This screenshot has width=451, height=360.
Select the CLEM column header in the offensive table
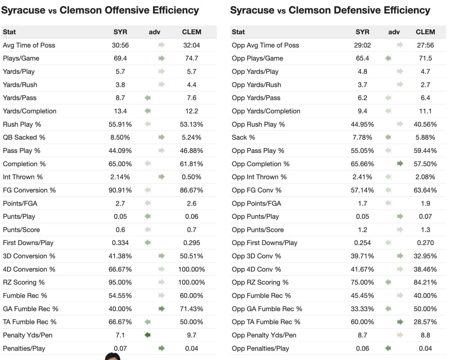tap(191, 32)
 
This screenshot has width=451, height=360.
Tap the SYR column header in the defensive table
tap(362, 32)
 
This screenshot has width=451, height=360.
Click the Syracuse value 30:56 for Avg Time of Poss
tap(120, 45)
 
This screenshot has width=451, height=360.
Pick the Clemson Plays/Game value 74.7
tap(191, 58)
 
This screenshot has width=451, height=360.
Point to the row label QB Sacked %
tap(24, 138)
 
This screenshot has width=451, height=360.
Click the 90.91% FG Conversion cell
tap(120, 190)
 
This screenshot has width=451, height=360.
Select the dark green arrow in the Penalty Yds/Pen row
tap(148, 335)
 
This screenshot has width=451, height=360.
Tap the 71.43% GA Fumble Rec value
tap(191, 309)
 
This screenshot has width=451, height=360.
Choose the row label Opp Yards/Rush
tap(256, 85)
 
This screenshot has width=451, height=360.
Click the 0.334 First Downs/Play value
tap(120, 243)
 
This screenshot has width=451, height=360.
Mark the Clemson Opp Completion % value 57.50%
tap(425, 164)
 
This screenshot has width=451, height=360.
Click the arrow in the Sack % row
tap(388, 138)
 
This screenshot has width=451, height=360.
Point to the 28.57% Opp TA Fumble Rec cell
tap(425, 322)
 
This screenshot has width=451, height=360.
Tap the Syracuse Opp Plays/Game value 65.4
tap(362, 58)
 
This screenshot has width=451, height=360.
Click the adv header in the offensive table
tap(154, 32)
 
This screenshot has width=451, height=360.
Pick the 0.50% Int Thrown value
tap(191, 177)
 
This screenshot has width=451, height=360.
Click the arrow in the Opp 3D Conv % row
tap(400, 256)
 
